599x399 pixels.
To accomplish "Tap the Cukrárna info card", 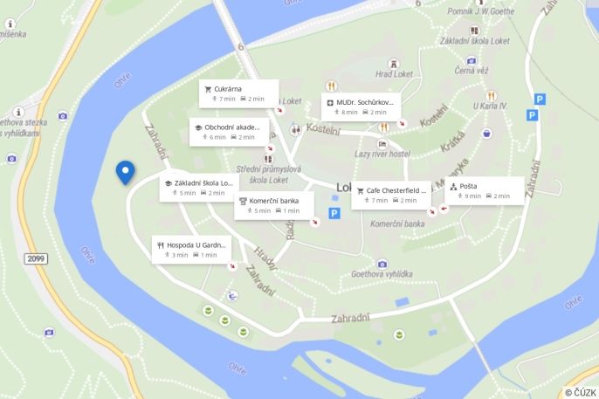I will (238, 93).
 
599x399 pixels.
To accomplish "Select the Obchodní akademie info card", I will (230, 131).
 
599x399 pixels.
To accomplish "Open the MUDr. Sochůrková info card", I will (361, 107).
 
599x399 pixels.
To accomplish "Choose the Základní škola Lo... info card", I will (199, 188).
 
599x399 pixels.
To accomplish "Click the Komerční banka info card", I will (274, 205).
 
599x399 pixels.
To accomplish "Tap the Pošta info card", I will (484, 190).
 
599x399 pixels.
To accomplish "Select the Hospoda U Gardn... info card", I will (192, 249).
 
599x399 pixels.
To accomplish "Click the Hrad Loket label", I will (394, 74).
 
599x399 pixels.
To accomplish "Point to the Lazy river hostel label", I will (382, 154).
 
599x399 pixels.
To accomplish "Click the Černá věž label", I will (471, 71).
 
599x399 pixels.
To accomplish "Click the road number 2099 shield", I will (35, 259).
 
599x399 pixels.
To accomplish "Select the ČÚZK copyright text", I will (580, 392).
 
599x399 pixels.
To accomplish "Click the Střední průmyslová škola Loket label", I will (268, 174).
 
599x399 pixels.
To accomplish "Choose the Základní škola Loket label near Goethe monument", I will (475, 41).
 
